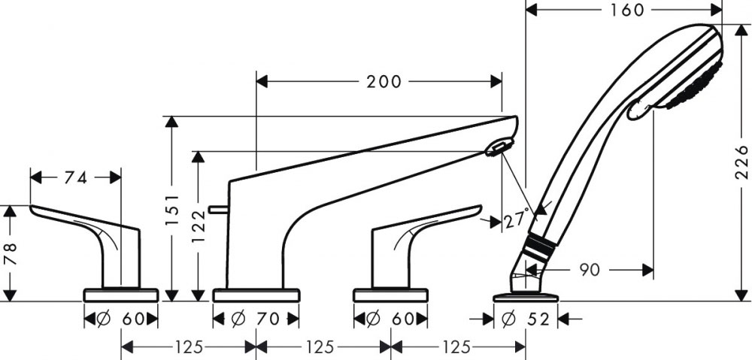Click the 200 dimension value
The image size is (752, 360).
point(384,82)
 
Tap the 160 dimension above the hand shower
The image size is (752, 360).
point(627,10)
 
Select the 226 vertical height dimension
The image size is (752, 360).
point(741,162)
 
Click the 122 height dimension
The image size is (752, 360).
point(199,226)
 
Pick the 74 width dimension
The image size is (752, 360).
point(76,178)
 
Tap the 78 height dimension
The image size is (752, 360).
point(11,253)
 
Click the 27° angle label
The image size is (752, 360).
point(517,219)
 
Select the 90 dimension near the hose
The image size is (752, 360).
point(590,271)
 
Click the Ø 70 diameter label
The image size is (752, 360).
point(256,319)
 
